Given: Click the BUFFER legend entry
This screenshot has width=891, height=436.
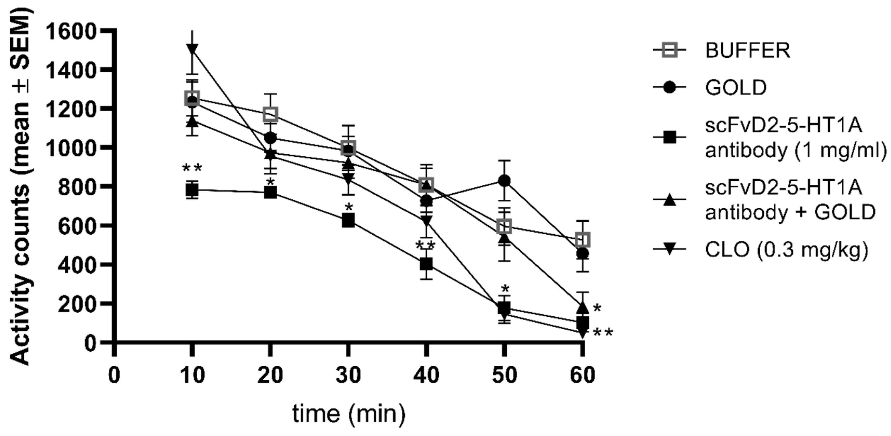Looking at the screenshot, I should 747,51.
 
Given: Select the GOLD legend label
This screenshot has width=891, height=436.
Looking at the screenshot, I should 736,88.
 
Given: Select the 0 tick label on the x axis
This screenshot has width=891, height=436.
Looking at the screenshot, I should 114,375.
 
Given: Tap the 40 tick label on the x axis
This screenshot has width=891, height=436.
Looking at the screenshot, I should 426,375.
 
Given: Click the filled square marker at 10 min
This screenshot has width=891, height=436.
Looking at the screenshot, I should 192,190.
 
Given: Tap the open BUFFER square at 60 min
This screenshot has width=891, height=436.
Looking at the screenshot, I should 582,239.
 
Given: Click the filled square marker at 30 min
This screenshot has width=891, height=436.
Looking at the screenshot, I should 348,220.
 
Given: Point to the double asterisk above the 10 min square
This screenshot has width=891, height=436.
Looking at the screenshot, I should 192,169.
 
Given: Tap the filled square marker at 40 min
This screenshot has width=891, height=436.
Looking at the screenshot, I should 426,264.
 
